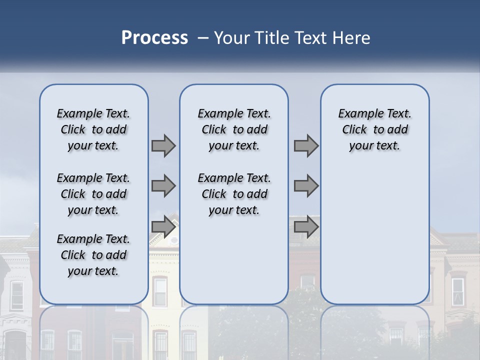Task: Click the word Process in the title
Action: tap(154, 38)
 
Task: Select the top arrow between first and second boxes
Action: tap(163, 146)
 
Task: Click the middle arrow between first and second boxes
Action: tap(163, 186)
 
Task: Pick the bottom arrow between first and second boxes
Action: tap(163, 227)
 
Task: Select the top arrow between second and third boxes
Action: tap(306, 146)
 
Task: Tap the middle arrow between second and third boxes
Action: tap(306, 186)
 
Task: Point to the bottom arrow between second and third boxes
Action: tap(306, 227)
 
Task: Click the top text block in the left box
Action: tap(93, 129)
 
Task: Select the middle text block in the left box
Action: tap(93, 194)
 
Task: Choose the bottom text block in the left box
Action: tap(93, 255)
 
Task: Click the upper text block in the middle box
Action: tap(234, 129)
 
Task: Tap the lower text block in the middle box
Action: tap(234, 194)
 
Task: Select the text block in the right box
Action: tap(374, 129)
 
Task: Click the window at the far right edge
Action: tap(457, 292)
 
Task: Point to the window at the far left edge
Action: tap(16, 295)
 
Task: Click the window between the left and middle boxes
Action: tap(160, 292)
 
